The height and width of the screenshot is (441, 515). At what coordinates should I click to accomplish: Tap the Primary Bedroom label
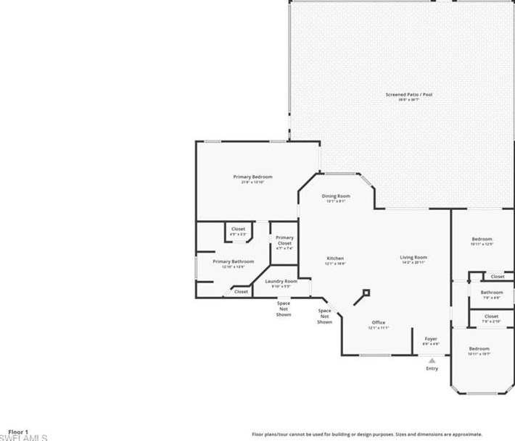(252, 177)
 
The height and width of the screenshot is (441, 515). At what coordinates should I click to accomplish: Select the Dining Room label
(336, 196)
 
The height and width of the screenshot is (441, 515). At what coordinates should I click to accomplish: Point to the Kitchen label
(335, 259)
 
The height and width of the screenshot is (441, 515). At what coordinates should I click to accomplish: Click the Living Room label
(413, 258)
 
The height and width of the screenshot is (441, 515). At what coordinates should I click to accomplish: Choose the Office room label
(378, 323)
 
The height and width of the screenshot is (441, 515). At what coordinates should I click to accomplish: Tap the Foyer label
(431, 338)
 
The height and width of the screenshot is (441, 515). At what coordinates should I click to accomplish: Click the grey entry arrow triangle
(432, 360)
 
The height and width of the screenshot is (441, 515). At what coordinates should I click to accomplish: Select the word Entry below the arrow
(432, 369)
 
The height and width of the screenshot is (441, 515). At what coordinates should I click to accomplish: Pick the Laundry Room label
(281, 282)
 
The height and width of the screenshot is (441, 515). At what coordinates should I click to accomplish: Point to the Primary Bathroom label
(233, 261)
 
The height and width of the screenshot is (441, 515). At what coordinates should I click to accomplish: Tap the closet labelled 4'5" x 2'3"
(238, 230)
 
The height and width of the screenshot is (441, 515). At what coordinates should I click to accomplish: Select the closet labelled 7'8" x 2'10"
(491, 316)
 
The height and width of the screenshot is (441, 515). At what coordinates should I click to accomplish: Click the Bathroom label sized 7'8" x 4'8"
(491, 293)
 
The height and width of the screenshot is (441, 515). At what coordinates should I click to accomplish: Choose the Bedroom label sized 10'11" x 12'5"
(482, 240)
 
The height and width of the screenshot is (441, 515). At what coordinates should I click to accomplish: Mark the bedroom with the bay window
(479, 350)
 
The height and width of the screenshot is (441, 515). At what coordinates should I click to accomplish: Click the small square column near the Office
(366, 293)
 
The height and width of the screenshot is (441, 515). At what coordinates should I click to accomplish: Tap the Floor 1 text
(18, 432)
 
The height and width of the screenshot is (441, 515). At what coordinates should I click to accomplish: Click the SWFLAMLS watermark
(23, 437)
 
